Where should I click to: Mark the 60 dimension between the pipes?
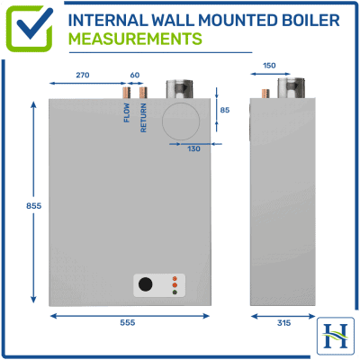click(x=135, y=76)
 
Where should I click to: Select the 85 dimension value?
click(x=224, y=111)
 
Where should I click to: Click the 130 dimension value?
click(x=193, y=149)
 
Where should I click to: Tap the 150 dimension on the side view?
click(x=269, y=65)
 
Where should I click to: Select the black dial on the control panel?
click(x=146, y=286)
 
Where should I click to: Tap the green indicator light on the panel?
click(x=175, y=293)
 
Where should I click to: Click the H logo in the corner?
click(x=337, y=336)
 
